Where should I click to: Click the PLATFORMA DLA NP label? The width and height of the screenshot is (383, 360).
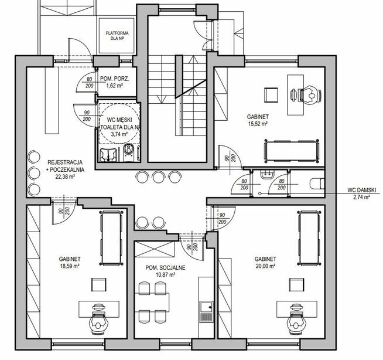[x=117, y=36]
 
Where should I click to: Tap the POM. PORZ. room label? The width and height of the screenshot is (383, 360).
[x=115, y=79]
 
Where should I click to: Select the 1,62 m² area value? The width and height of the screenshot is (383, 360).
[x=114, y=86]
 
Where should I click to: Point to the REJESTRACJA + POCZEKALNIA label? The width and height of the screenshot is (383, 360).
[x=65, y=166]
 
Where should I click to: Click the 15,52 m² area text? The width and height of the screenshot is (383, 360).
[x=258, y=124]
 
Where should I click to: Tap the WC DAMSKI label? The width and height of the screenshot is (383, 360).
[x=362, y=190]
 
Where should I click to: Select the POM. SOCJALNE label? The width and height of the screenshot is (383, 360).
[x=165, y=268]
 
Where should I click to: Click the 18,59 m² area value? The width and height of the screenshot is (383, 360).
[x=70, y=266]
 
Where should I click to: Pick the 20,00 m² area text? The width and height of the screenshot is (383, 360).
[x=265, y=266]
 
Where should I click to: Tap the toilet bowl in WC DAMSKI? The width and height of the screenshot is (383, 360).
[x=317, y=184]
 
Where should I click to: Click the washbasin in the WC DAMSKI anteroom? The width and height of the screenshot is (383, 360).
[x=267, y=174]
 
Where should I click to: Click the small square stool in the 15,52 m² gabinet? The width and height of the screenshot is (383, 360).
[x=271, y=95]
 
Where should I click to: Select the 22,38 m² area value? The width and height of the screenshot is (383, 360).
[x=65, y=176]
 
